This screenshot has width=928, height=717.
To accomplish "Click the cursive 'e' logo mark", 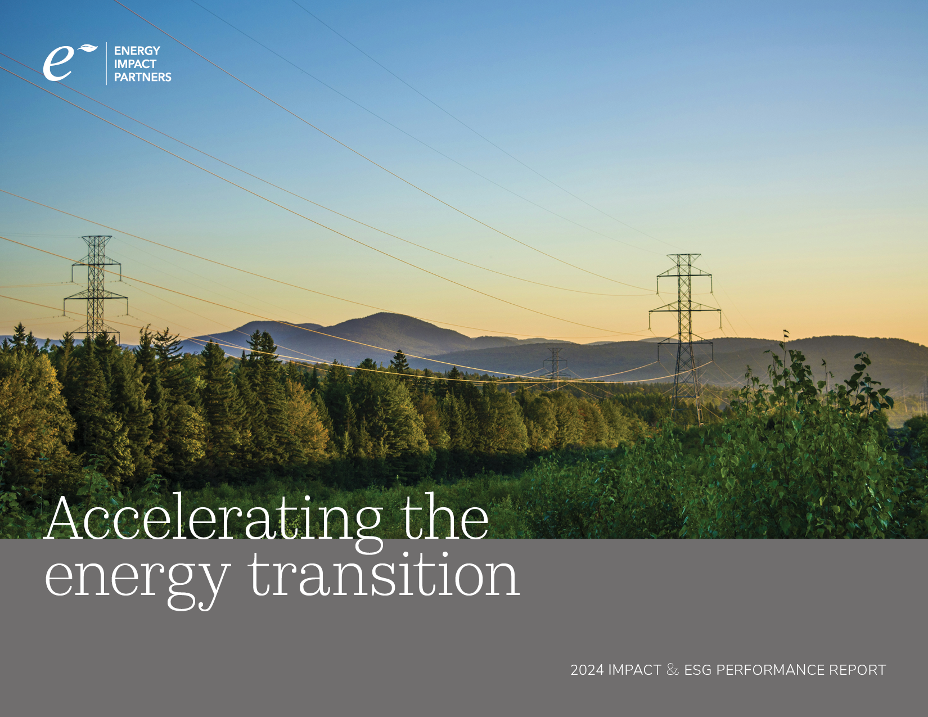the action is [x=58, y=64].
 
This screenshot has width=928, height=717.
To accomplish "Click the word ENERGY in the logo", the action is [x=137, y=51].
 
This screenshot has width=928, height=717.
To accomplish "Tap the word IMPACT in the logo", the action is [x=135, y=64].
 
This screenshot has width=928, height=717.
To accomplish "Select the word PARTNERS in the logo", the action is [x=143, y=77].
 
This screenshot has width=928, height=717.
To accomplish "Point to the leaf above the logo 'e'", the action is [x=88, y=48].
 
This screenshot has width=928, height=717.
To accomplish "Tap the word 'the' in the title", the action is [x=446, y=517].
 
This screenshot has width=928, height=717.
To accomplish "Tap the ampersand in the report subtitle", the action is [x=673, y=670].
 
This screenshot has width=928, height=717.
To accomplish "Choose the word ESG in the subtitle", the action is [x=698, y=670].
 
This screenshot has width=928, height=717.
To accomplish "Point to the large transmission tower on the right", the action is [x=684, y=337].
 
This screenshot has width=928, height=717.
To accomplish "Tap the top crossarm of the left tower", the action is [x=97, y=237].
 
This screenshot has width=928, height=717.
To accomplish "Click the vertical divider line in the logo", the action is [x=106, y=64].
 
